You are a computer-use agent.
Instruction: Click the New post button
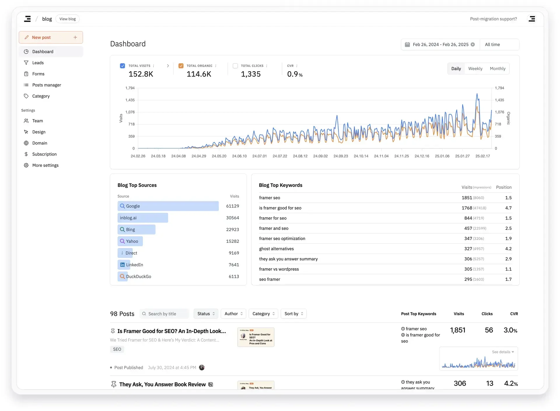50,37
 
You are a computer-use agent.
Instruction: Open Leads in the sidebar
38,63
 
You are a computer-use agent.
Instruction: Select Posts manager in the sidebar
46,85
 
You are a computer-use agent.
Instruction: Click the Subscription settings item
44,154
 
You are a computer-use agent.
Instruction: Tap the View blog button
67,19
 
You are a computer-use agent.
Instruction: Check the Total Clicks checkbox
235,66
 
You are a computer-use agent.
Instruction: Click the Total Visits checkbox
123,66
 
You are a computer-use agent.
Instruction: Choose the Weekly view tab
475,69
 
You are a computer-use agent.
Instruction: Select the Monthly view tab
497,69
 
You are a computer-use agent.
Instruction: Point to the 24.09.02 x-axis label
320,156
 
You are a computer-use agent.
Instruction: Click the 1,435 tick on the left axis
130,100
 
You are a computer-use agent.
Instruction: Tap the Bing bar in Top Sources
136,229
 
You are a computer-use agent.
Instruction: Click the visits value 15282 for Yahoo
232,241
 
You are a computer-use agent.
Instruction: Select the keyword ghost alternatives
276,249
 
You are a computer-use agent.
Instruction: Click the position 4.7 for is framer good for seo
508,208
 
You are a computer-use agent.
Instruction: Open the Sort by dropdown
293,314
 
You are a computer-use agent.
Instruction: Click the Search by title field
165,314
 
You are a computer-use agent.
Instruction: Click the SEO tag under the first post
117,349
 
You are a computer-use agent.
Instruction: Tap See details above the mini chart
503,352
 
